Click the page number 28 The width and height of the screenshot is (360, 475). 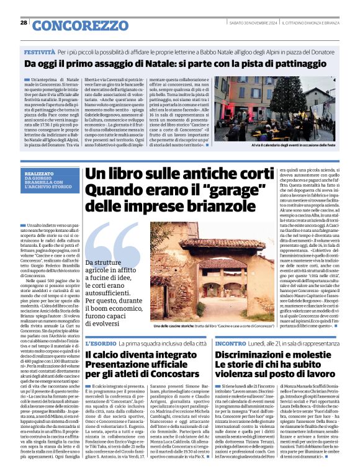[x=24, y=22]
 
